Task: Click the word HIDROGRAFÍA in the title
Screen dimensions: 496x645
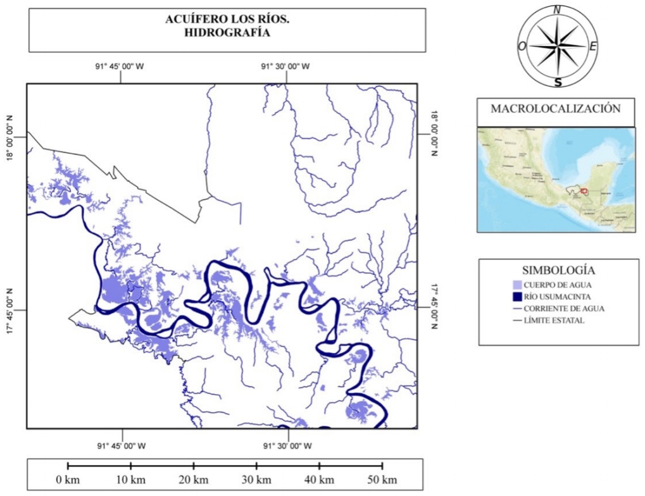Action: tap(227, 33)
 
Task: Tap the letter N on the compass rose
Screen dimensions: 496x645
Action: tap(557, 9)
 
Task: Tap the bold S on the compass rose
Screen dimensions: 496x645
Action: tap(558, 82)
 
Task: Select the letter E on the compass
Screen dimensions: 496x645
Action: tap(592, 46)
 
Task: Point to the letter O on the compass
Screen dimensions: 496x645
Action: tap(522, 46)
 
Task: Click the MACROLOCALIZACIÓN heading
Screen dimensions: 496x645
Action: tap(555, 108)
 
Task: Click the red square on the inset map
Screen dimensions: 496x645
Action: tap(584, 190)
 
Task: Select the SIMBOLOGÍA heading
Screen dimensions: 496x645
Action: tap(558, 270)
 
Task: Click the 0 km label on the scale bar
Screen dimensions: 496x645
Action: tap(68, 480)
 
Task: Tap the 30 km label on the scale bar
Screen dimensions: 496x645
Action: tap(256, 480)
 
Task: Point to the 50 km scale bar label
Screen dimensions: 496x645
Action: tap(382, 480)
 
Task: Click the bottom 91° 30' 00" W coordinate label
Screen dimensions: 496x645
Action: tap(287, 446)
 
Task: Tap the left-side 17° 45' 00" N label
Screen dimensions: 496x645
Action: tap(11, 311)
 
